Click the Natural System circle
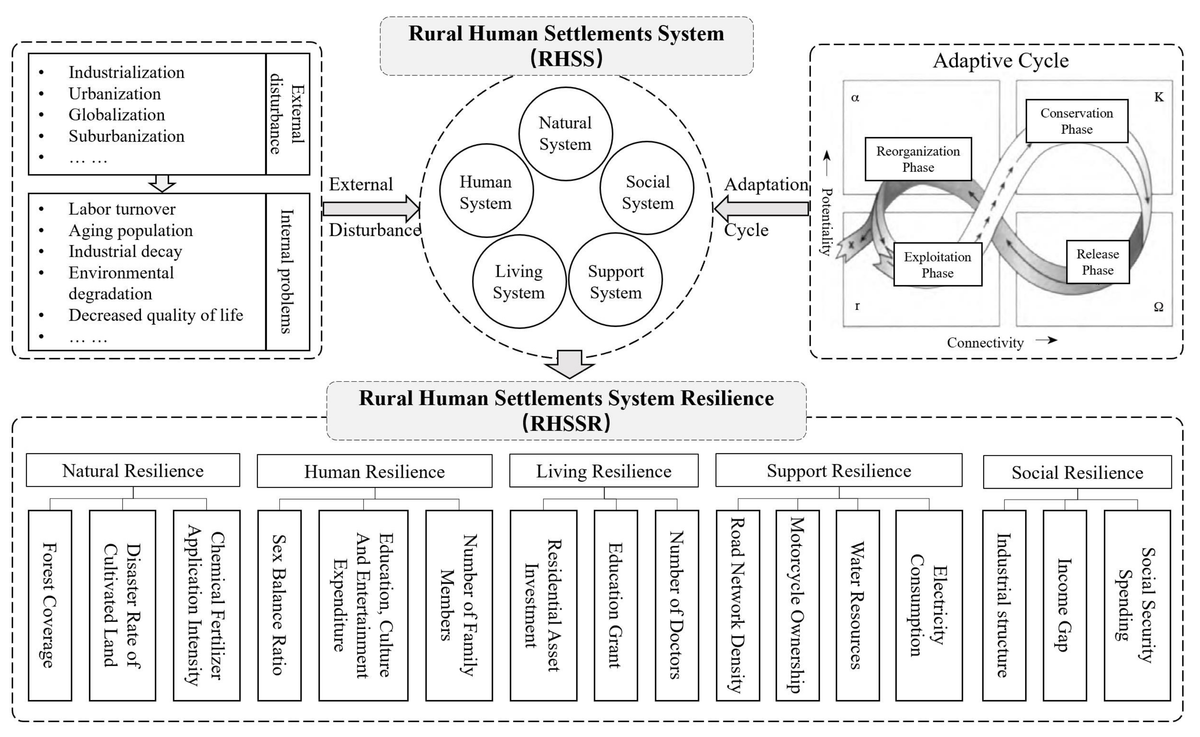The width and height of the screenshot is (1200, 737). coord(566,134)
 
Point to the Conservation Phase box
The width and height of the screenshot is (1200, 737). coord(1076,121)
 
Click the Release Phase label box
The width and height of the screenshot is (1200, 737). coord(1097,262)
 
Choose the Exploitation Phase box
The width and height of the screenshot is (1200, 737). coord(937,265)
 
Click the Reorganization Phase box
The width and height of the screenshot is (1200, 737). coord(918,159)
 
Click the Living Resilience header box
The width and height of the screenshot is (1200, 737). coord(604,471)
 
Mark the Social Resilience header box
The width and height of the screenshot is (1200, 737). coord(1077,472)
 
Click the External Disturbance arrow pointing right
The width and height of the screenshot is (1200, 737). coord(370,209)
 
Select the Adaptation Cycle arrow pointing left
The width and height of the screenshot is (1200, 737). coord(761,209)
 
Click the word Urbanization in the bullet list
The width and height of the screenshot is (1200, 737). coord(115,94)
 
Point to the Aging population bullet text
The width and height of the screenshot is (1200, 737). coord(130,230)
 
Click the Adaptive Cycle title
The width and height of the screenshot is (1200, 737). coord(1000,61)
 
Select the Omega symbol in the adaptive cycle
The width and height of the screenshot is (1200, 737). coord(1158,307)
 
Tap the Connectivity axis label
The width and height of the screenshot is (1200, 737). coord(985,343)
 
